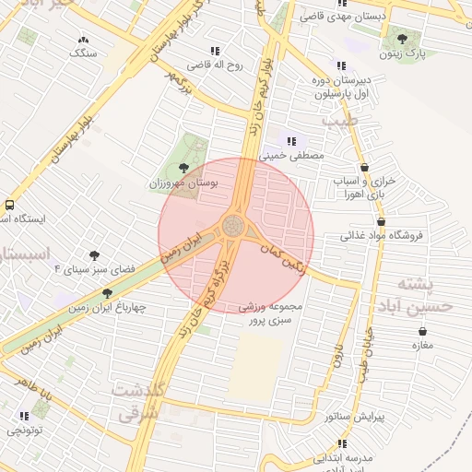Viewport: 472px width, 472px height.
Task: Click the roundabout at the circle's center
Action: [236, 226]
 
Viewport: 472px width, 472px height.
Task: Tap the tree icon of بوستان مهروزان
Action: [183, 168]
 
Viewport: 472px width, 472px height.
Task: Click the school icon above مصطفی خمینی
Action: [292, 141]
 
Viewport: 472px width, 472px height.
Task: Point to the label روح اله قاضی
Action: [215, 65]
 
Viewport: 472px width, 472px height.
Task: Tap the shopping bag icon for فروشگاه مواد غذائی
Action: [381, 221]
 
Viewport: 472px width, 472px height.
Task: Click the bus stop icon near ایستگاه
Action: [9, 205]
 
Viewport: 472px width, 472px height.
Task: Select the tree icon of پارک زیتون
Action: [402, 39]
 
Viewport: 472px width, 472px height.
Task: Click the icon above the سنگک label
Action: [84, 40]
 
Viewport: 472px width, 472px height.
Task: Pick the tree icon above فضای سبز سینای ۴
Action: [93, 255]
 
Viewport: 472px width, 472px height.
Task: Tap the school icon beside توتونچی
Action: [22, 416]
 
